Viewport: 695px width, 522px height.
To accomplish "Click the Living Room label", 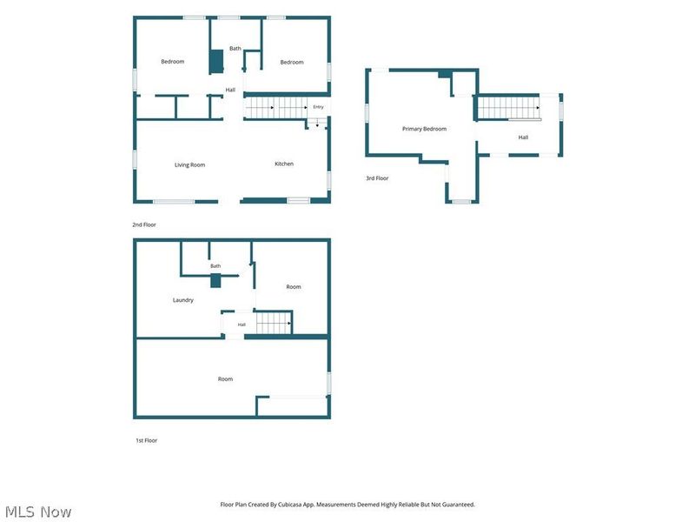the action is click(189, 164).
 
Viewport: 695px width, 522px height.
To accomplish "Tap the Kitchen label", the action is click(284, 164).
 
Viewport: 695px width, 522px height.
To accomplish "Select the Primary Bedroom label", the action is click(424, 129).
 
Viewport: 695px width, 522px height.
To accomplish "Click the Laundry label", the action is click(183, 300).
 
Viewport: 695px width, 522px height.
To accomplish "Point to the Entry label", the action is click(318, 107).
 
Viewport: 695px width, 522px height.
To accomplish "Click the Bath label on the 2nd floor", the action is click(235, 49).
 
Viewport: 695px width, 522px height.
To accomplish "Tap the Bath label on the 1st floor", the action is click(215, 266).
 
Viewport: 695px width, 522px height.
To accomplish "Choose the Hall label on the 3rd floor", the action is click(523, 137).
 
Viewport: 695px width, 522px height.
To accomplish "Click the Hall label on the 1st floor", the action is click(242, 325).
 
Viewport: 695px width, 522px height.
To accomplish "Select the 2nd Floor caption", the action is click(144, 224).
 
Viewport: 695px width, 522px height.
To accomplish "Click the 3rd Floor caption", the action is click(377, 178).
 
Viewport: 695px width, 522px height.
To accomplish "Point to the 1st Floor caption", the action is click(146, 440).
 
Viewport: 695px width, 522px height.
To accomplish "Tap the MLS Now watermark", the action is click(38, 512).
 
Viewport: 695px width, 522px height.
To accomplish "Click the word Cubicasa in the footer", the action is click(291, 505).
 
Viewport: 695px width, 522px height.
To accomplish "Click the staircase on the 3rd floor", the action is click(509, 108).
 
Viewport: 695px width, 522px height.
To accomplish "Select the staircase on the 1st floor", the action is click(274, 323).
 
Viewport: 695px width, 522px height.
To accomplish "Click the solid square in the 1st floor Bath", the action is click(215, 281).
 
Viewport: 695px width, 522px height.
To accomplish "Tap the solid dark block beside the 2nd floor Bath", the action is click(216, 62).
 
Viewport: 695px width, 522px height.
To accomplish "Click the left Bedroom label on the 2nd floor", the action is click(172, 61).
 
